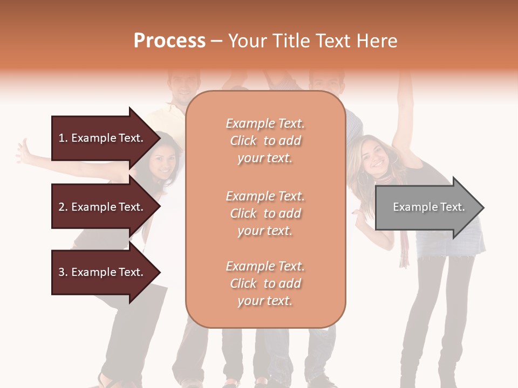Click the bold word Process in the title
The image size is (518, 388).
(169, 41)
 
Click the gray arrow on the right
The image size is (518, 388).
(426, 207)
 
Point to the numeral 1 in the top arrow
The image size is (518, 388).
(62, 138)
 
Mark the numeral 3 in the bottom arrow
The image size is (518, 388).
(62, 272)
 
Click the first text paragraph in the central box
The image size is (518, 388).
(265, 141)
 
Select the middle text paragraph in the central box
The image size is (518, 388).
(265, 213)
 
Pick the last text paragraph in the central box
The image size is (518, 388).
(265, 283)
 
